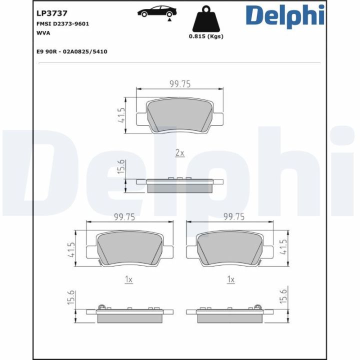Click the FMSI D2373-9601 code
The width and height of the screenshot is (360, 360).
(62, 23)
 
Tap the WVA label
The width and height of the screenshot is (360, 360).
(43, 32)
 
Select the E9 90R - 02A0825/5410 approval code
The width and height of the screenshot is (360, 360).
(72, 51)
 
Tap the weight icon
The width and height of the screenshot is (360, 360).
(205, 19)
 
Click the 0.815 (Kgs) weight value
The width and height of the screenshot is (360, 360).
(206, 36)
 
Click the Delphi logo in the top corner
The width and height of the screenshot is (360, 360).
(284, 15)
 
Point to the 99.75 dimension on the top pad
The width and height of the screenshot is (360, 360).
(180, 84)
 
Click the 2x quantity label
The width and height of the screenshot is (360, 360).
(180, 153)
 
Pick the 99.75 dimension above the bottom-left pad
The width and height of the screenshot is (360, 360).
(125, 216)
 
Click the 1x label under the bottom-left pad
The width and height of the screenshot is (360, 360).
(128, 280)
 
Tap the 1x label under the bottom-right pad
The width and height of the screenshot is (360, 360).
(230, 280)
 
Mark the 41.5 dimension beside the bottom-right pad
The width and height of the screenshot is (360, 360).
(284, 247)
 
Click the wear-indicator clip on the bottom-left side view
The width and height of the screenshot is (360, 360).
(102, 307)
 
